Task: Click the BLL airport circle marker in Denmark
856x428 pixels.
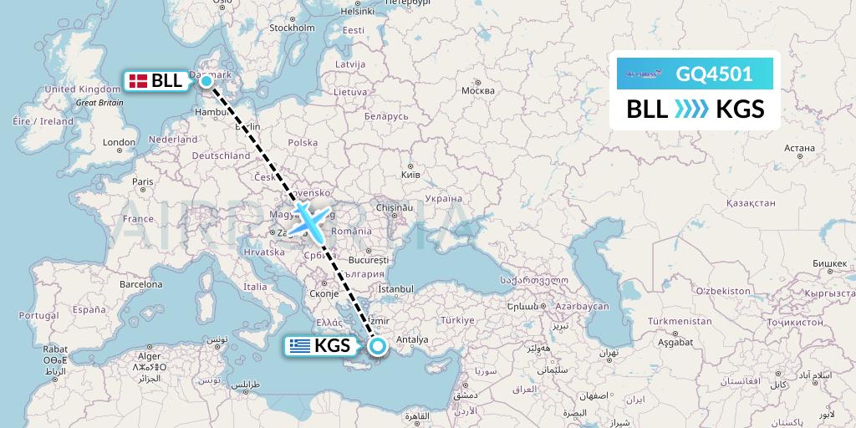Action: coord(206,81)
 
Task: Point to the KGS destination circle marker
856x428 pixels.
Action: coord(377,345)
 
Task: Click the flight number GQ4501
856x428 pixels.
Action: coord(714,74)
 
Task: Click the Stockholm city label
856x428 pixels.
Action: coord(291,28)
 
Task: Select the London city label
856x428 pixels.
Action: coord(118,142)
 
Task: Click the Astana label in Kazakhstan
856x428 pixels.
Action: coord(800,148)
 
